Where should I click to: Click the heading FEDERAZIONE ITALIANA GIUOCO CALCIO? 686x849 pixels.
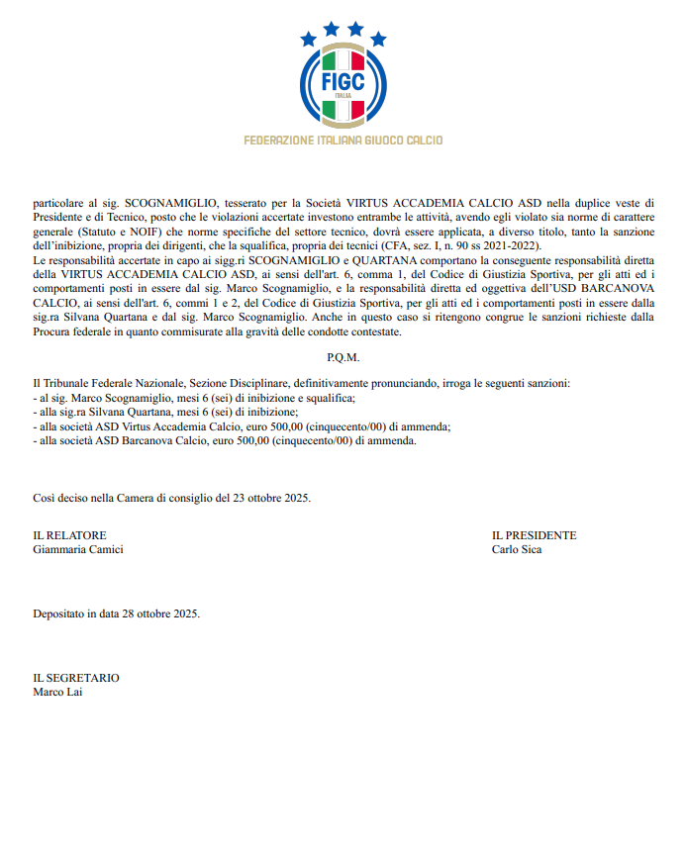tap(343, 141)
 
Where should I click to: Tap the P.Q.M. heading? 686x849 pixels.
tap(343, 357)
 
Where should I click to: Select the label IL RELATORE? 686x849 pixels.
tap(69, 535)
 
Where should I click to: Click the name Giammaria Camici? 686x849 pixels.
tap(79, 549)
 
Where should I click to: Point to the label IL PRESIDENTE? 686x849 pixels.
tap(534, 535)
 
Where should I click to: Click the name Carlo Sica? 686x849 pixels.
tap(517, 549)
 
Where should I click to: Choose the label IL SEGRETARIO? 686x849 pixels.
tap(76, 678)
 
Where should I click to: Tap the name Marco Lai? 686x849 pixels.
tap(58, 692)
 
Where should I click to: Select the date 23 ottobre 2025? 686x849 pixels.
tap(263, 498)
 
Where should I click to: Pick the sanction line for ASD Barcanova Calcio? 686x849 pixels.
tap(225, 441)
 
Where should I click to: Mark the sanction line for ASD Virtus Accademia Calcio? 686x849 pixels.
tap(242, 426)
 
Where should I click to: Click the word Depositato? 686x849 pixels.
tap(60, 613)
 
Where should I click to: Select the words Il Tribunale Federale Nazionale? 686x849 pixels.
tap(106, 382)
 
